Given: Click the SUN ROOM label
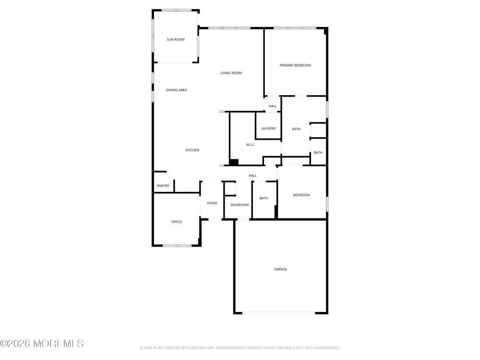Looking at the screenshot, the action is click(x=175, y=39).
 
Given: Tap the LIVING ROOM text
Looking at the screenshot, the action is click(x=231, y=73).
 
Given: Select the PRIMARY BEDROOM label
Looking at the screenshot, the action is click(x=295, y=65).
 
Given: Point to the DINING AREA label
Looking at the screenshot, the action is click(x=176, y=90).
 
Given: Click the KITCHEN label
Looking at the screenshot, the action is click(x=192, y=150).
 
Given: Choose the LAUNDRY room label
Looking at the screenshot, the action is click(x=268, y=129).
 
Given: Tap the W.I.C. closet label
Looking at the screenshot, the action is click(x=251, y=145).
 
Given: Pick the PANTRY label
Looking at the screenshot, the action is click(x=163, y=186).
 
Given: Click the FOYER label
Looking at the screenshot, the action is click(x=212, y=203).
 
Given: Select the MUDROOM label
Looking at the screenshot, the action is click(x=240, y=205).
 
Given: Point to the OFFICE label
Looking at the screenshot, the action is click(x=176, y=222).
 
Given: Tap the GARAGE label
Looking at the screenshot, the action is click(x=281, y=269).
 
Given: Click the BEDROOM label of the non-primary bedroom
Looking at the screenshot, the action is click(x=301, y=195).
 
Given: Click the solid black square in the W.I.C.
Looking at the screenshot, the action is click(x=234, y=162).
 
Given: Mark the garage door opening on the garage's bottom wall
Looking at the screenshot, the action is click(x=279, y=313).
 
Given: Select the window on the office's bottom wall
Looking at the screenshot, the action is click(x=177, y=245).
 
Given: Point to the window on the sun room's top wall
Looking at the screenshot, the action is click(x=177, y=10).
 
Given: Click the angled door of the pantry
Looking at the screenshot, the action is click(x=170, y=175).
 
